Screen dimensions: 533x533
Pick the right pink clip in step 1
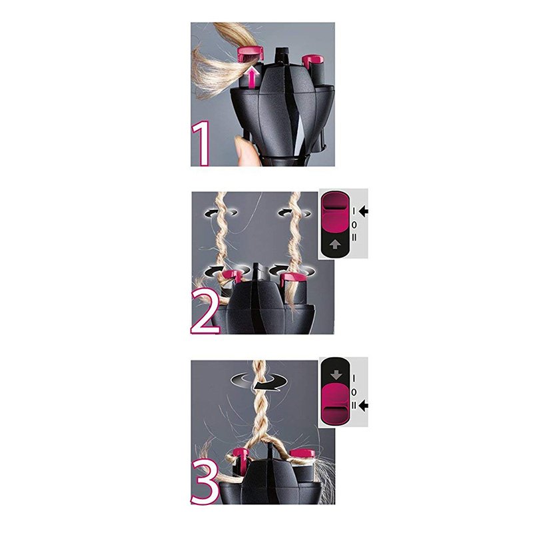[x=310, y=62]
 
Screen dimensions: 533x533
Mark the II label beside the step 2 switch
[x=354, y=237]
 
